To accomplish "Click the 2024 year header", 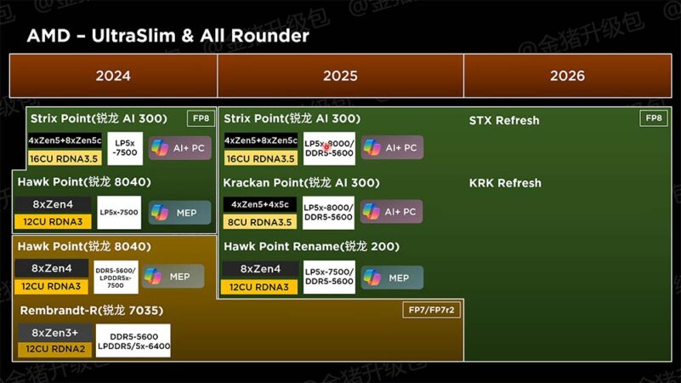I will tap(113, 76).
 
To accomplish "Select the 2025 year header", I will tap(340, 76).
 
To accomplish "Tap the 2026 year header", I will tap(567, 76).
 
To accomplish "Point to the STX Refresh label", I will tap(504, 120).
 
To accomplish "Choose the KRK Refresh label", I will tap(505, 183).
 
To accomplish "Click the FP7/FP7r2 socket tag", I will tap(431, 310).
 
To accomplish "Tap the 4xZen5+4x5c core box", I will tap(260, 204).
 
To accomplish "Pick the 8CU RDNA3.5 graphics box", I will tap(260, 222).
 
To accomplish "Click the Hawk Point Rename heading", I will tap(311, 247).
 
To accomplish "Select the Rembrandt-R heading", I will tap(91, 311).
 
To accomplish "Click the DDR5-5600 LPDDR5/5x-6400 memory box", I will tap(133, 341).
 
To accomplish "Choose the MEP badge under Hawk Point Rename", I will tap(392, 277).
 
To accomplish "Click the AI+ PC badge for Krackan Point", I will tap(392, 212).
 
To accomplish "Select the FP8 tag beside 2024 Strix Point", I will tap(201, 118).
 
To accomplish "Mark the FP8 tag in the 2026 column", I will tap(653, 118).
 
